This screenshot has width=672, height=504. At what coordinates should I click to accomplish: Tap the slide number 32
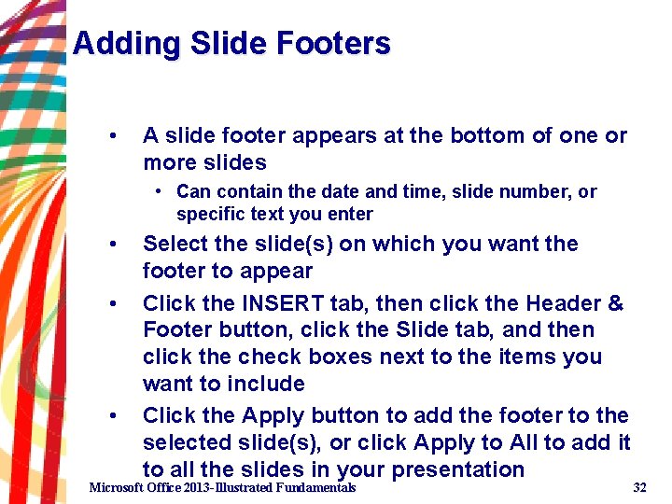pos(639,488)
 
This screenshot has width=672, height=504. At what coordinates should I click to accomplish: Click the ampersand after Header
pos(616,303)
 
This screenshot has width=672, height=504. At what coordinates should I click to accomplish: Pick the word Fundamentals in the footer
pos(315,488)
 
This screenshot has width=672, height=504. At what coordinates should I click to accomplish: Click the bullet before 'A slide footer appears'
pos(112,136)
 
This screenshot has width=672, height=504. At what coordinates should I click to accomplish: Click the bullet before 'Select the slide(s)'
pos(112,245)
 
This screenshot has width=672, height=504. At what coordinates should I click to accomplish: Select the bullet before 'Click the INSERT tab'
pos(112,304)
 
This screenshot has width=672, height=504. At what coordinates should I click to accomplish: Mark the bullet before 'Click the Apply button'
pos(112,416)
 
